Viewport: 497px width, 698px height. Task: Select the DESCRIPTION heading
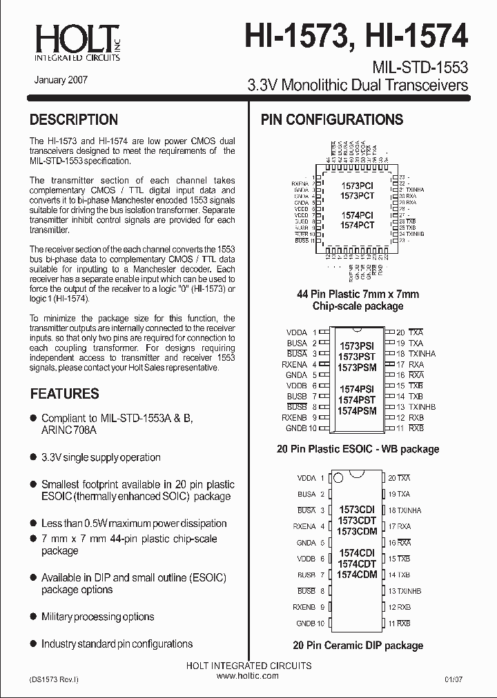(74, 119)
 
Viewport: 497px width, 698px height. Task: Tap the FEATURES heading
(64, 394)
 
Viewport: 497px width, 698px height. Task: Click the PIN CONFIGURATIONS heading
(331, 119)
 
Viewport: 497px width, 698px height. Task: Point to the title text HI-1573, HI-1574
(356, 35)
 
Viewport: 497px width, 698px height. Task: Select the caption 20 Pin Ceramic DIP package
(358, 646)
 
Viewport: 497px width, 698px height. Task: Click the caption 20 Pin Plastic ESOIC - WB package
(358, 449)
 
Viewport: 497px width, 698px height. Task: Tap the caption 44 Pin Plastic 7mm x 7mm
(358, 294)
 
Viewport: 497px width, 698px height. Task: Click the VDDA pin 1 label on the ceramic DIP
(306, 478)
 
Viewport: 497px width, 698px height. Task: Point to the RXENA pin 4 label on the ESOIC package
(295, 364)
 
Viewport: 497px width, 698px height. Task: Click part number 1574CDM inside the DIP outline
(357, 575)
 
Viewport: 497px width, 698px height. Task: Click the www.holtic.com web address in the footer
(248, 676)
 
